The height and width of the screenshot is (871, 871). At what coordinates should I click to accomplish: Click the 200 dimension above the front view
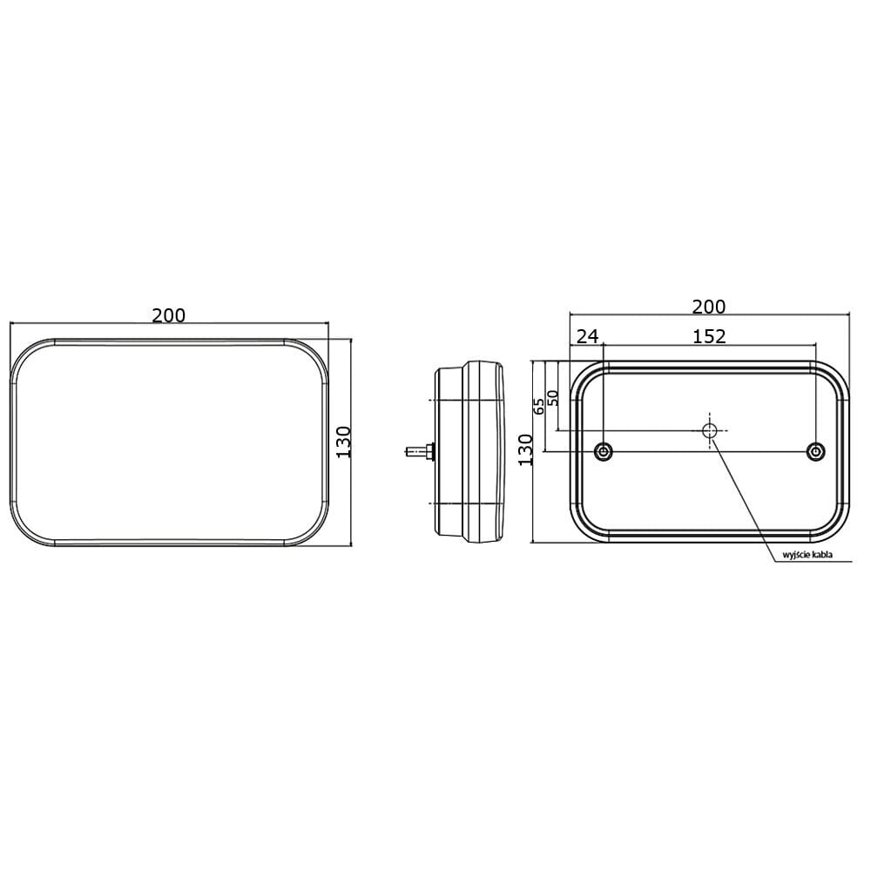(168, 315)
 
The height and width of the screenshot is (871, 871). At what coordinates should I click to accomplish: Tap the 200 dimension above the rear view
(708, 306)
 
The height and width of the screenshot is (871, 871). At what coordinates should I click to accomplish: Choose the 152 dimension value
(709, 336)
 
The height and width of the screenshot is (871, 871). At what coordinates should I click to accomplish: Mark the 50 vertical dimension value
(552, 396)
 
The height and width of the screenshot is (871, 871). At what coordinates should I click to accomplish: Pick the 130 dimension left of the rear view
(525, 449)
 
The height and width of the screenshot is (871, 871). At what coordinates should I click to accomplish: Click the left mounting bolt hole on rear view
(603, 450)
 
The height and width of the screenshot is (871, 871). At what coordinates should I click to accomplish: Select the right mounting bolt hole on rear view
(815, 450)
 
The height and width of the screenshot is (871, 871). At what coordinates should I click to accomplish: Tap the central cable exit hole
(710, 429)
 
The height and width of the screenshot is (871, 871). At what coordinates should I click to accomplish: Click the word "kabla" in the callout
(832, 556)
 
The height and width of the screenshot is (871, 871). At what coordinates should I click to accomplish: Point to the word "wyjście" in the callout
(799, 556)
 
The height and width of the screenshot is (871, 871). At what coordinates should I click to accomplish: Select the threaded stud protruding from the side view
(413, 451)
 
